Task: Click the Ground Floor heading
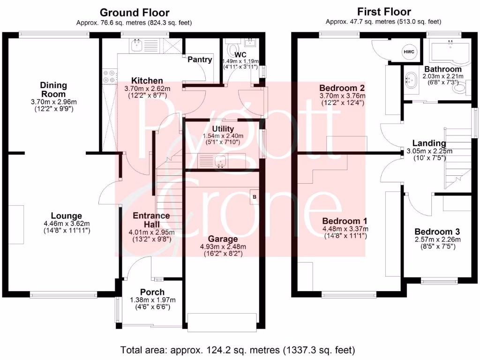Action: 135,13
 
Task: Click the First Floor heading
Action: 383,12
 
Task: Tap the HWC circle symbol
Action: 409,52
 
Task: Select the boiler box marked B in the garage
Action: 255,197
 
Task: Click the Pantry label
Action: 200,60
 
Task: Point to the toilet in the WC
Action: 232,49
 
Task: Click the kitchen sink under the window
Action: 137,45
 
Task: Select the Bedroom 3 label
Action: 437,232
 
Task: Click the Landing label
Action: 429,143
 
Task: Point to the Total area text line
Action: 238,350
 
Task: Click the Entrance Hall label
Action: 151,219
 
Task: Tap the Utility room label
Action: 223,129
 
